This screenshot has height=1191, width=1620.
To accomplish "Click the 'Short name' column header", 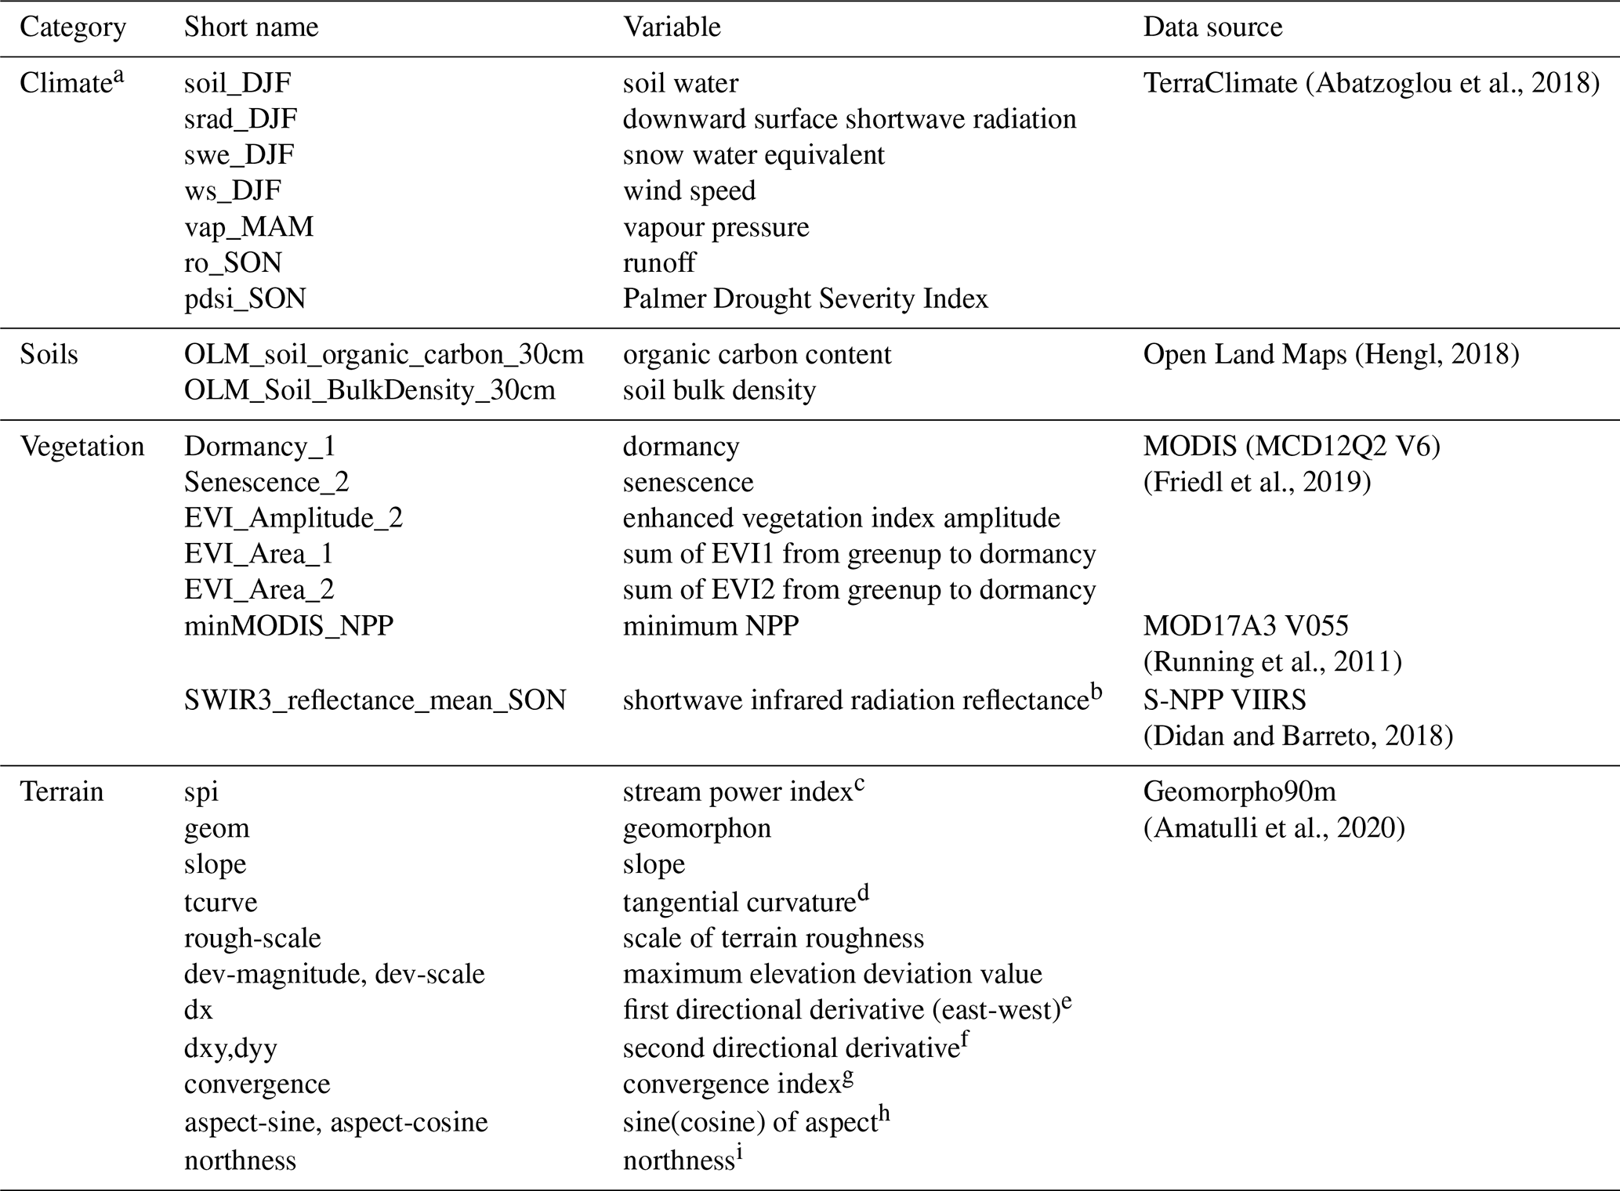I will coord(251,27).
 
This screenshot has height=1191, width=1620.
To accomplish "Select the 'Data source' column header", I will coord(1212,27).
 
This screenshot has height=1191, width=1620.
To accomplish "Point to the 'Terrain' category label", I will coord(61,791).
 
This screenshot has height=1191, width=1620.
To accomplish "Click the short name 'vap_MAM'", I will coord(248,226).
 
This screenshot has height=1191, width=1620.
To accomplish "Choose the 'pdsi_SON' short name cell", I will coord(245,299).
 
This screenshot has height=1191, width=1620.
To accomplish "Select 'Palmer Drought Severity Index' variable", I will coord(805,299).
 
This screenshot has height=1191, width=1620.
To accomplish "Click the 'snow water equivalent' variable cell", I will coord(753,155).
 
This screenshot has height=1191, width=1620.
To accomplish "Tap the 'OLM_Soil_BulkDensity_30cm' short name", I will coord(369,390).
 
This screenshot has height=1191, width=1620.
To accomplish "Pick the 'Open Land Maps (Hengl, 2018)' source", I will coord(1331,354).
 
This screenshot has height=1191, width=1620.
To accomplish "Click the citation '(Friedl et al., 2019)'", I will coord(1257,482).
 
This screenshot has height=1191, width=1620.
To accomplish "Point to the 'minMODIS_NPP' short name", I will coord(288,626).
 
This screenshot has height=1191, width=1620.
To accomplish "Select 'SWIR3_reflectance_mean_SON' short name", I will coord(375,700).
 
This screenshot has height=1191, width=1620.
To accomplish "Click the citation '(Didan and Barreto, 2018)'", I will coord(1298,736).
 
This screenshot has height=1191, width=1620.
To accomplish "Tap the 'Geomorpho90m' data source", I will coord(1239,791).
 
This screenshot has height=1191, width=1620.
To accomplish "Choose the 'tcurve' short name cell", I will coord(220,902).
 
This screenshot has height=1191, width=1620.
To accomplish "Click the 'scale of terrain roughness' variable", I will coord(773,938).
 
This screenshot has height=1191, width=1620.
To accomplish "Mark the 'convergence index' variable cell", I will coord(731,1084).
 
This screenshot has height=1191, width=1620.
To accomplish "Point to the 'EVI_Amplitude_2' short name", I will coord(293,518).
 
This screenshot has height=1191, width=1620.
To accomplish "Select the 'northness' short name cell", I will coord(240,1160).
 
